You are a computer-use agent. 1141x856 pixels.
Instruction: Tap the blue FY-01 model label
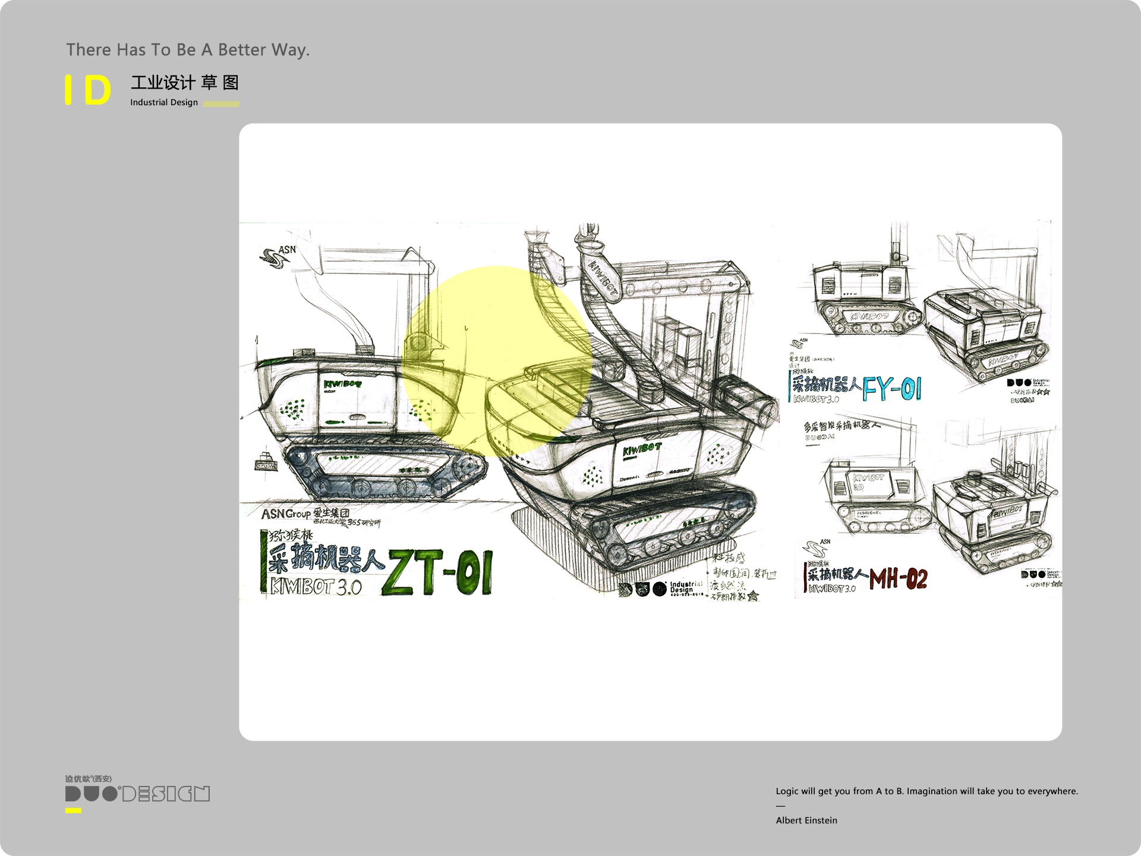point(891,389)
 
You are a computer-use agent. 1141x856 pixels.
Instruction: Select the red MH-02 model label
point(898,578)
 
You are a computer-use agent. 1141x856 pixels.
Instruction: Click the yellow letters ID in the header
point(89,90)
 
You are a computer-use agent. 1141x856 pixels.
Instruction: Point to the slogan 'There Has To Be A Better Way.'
point(188,50)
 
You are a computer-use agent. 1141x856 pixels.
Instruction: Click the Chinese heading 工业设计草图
point(185,83)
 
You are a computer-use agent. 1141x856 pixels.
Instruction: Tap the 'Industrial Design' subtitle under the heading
point(164,102)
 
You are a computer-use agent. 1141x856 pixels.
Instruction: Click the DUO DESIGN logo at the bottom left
point(137,793)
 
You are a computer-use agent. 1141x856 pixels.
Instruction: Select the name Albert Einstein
point(806,820)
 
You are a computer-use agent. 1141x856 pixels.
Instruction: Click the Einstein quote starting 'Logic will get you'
point(926,791)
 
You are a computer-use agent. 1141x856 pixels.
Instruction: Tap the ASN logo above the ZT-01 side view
point(278,256)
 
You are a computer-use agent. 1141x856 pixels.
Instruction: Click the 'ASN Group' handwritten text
point(286,514)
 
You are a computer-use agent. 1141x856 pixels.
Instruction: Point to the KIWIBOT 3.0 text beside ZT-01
point(316,587)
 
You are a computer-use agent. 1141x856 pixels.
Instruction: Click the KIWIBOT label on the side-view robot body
point(342,384)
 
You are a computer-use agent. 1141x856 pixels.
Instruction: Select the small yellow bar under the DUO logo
point(73,810)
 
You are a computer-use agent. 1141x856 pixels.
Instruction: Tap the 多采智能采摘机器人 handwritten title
point(841,426)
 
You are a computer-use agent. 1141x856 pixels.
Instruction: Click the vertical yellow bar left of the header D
point(68,90)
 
